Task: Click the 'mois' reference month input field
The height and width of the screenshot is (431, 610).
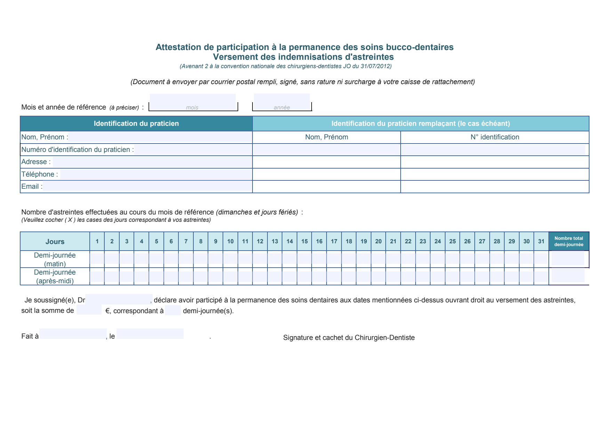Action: click(x=193, y=103)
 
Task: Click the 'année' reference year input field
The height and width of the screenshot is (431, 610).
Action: click(x=282, y=103)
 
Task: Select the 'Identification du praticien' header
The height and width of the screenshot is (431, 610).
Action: click(x=136, y=123)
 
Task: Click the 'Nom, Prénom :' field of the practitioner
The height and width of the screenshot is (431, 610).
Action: click(x=160, y=137)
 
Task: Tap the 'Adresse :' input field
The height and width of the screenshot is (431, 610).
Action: click(x=152, y=162)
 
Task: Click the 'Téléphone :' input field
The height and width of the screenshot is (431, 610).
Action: click(x=155, y=174)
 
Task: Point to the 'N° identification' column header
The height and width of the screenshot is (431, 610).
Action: click(x=495, y=137)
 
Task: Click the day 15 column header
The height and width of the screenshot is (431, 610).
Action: click(x=304, y=241)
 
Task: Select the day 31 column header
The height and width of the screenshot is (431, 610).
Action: click(x=541, y=241)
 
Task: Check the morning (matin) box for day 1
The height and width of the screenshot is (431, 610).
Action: click(x=97, y=259)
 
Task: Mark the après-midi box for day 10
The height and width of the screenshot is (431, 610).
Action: click(x=230, y=276)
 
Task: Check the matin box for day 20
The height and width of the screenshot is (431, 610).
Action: click(x=378, y=259)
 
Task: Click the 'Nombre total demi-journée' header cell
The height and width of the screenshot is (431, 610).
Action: click(x=569, y=241)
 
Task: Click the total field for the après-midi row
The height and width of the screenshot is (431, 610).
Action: click(x=568, y=276)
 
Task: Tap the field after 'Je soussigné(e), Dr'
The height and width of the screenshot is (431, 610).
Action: click(x=118, y=299)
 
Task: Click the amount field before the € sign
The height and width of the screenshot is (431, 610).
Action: click(x=89, y=310)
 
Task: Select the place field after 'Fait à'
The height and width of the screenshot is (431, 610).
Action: click(x=73, y=334)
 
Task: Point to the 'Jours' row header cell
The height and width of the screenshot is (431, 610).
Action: click(x=55, y=242)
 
